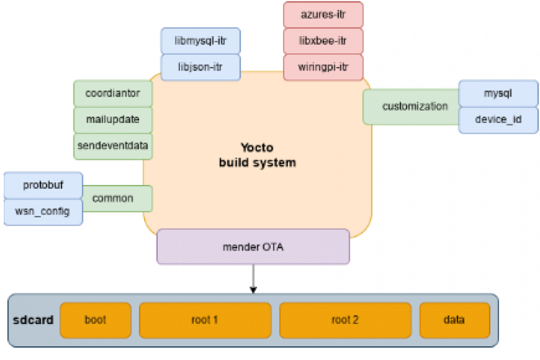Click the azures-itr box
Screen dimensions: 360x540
click(x=323, y=14)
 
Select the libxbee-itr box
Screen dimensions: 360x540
click(x=323, y=40)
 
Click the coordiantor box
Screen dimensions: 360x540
click(x=112, y=93)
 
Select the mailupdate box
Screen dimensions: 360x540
click(x=112, y=119)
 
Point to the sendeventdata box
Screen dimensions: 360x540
click(x=112, y=145)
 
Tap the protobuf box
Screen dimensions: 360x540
click(x=43, y=185)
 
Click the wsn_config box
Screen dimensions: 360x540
click(x=43, y=211)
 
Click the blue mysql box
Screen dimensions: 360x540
click(x=498, y=93)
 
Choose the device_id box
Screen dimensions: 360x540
click(x=498, y=120)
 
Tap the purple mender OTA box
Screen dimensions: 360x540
click(x=253, y=246)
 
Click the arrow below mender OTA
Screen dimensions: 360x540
click(x=253, y=278)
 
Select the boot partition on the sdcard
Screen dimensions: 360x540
click(x=96, y=319)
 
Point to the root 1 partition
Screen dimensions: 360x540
click(x=204, y=319)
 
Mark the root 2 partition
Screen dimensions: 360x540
click(x=345, y=319)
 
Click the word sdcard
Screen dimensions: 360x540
click(x=33, y=319)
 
